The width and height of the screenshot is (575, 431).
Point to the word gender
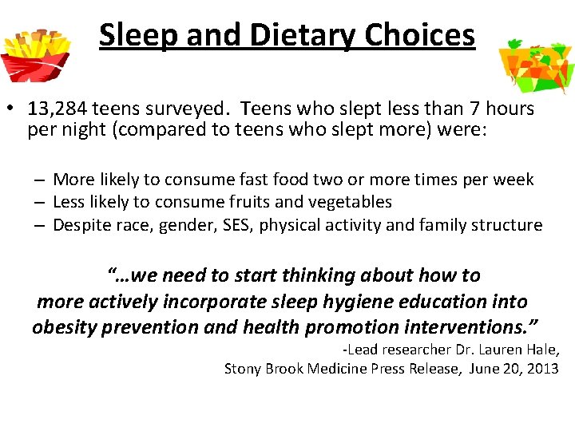coord(185,225)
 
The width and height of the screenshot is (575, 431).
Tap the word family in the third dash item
coord(443,225)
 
